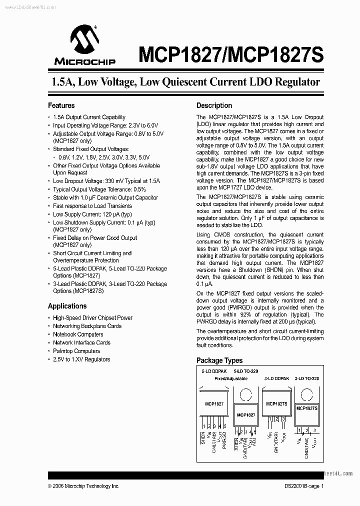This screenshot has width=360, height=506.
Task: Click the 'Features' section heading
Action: tap(61, 105)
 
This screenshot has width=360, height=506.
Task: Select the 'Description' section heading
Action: tap(214, 105)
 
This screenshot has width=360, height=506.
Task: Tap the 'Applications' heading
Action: tap(67, 306)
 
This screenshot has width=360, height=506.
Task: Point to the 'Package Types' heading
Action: tap(219, 360)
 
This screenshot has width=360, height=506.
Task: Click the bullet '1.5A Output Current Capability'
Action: tap(89, 117)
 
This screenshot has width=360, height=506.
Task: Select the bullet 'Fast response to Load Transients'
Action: tap(92, 206)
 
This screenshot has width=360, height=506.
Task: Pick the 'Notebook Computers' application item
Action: tap(78, 334)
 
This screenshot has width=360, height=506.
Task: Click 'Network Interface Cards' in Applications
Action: tap(81, 343)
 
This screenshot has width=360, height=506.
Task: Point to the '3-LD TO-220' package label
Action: tap(307, 379)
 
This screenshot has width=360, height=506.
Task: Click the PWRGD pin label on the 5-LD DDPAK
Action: tap(224, 438)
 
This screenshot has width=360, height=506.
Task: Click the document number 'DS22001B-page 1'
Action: tap(301, 486)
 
